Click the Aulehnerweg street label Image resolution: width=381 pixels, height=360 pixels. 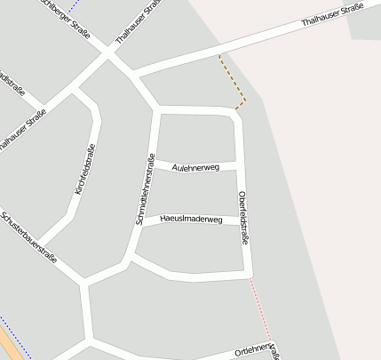point(195,166)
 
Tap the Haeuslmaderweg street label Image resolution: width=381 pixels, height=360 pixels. point(191,219)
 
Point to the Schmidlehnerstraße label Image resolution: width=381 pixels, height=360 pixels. point(144,189)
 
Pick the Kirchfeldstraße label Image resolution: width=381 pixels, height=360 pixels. point(84,170)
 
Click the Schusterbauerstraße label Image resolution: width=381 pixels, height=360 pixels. point(29,237)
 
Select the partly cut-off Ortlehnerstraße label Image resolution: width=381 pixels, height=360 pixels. point(258,350)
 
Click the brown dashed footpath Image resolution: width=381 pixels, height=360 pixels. point(233,82)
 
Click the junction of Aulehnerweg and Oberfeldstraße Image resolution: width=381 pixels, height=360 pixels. point(240,166)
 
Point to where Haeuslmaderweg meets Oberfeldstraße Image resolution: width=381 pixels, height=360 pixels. point(243,219)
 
